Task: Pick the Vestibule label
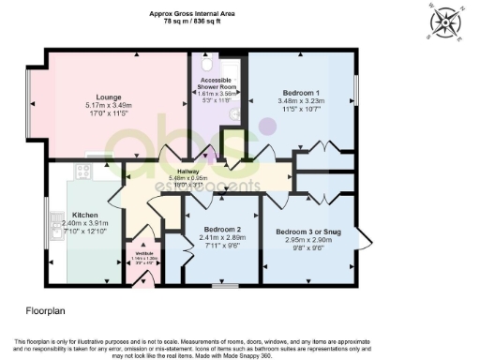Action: click(x=145, y=253)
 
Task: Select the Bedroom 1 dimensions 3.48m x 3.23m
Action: click(x=301, y=103)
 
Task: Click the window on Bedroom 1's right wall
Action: click(x=356, y=90)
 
